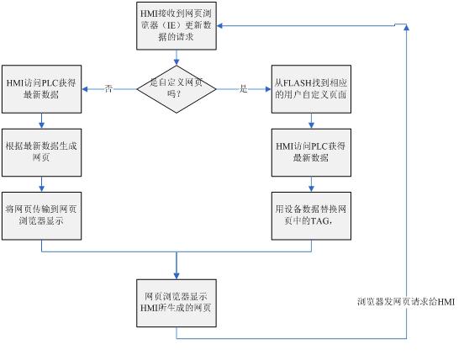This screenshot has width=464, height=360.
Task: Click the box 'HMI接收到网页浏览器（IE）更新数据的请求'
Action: pos(177,26)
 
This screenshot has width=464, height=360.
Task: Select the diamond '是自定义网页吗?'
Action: pos(177,89)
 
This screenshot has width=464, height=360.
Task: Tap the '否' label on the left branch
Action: pos(108,88)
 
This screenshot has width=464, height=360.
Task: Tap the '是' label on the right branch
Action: pos(243,88)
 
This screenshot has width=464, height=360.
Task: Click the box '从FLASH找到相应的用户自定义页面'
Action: pos(311,89)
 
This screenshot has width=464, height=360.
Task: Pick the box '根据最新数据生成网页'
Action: pos(42,152)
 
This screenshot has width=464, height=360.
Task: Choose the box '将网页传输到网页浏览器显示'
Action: pos(42,216)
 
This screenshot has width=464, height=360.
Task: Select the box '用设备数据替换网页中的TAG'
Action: pos(311,216)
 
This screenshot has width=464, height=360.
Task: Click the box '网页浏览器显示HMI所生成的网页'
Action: pos(177,303)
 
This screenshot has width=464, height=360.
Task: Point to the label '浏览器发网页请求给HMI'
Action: pos(406,302)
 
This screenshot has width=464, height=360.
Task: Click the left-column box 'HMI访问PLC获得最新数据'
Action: pos(42,89)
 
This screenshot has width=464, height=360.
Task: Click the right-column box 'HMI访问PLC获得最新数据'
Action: pos(311,152)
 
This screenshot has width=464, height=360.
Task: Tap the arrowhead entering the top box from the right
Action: pos(219,26)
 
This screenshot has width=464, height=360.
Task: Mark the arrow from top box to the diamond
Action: pos(177,57)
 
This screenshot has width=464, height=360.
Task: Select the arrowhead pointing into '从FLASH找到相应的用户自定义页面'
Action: pos(268,89)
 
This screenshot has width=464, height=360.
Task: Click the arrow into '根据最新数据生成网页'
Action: pos(42,121)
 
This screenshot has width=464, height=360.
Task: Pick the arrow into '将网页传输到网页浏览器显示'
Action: pos(42,184)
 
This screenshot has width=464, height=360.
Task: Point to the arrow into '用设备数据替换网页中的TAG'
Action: pos(311,184)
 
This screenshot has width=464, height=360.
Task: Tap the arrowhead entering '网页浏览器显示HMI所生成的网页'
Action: pos(177,276)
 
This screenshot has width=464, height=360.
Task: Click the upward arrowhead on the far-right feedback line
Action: pos(407,27)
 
